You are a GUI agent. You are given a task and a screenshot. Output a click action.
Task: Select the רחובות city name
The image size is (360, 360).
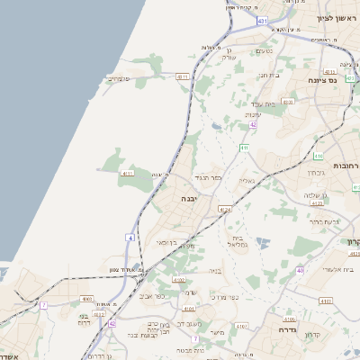pyautogui.click(x=345, y=166)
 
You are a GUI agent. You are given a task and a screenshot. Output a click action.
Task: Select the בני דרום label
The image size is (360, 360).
pyautogui.click(x=84, y=319)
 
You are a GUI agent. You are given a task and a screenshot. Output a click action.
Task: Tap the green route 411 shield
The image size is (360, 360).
pyautogui.click(x=244, y=147)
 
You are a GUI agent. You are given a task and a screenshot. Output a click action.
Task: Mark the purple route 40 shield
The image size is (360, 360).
pyautogui.click(x=300, y=269)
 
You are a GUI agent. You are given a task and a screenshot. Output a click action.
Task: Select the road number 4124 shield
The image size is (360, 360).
pyautogui.click(x=224, y=209)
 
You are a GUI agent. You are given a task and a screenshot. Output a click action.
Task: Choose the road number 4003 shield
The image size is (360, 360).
pyautogui.click(x=87, y=298)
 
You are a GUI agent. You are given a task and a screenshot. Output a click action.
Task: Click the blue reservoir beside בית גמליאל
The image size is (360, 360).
pyautogui.click(x=262, y=241)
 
